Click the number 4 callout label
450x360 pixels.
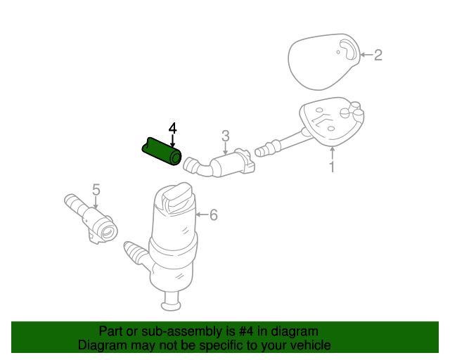click(x=172, y=129)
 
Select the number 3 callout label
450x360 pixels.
click(x=226, y=136)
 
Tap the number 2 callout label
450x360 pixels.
click(x=378, y=55)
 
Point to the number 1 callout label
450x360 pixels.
click(x=332, y=167)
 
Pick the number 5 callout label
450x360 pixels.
click(x=96, y=190)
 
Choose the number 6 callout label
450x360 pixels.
click(x=214, y=214)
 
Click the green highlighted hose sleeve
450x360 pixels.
click(x=162, y=151)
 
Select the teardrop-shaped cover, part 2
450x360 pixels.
click(x=324, y=61)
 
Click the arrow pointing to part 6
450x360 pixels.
click(x=202, y=214)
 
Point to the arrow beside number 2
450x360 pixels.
click(x=366, y=55)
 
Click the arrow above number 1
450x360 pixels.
click(x=332, y=153)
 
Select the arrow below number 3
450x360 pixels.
click(x=225, y=148)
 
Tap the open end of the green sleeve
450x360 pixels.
click(x=176, y=157)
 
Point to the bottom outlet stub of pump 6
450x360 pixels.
click(x=172, y=301)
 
